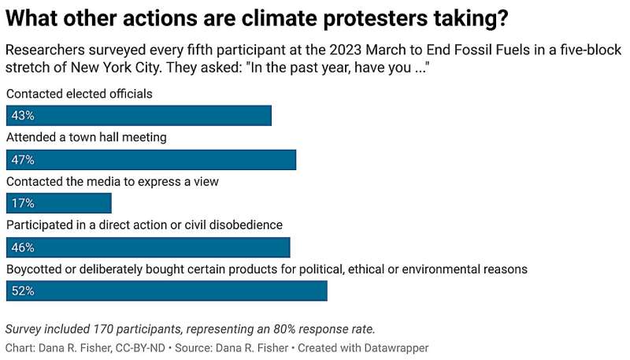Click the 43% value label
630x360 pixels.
(x=21, y=116)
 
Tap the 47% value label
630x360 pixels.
(x=21, y=160)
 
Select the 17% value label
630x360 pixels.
(x=21, y=203)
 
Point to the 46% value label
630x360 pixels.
(x=21, y=247)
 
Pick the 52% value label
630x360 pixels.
(x=21, y=291)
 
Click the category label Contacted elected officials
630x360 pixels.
(x=79, y=94)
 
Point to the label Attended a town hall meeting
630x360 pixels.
(x=87, y=137)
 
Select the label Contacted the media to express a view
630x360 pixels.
(x=112, y=181)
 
